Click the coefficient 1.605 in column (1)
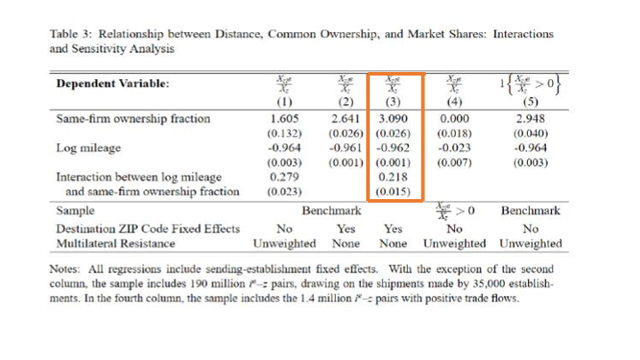(x=284, y=117)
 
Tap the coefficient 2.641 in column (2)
(x=344, y=117)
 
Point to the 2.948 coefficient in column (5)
(x=530, y=117)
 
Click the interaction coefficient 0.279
(x=284, y=177)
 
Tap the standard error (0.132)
(x=284, y=132)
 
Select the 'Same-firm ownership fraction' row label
(x=133, y=117)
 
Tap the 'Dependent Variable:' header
(x=112, y=84)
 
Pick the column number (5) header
(x=530, y=101)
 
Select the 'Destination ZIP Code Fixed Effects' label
(x=148, y=228)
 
